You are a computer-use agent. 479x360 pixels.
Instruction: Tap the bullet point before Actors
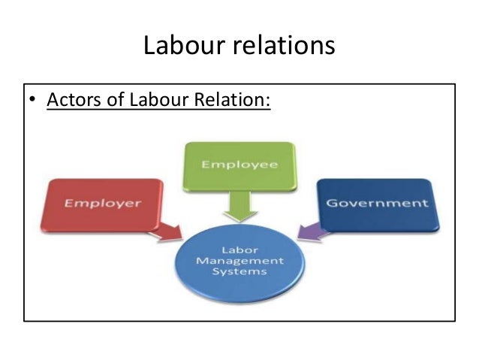click(x=33, y=100)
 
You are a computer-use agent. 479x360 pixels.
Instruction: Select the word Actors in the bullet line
click(x=74, y=99)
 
